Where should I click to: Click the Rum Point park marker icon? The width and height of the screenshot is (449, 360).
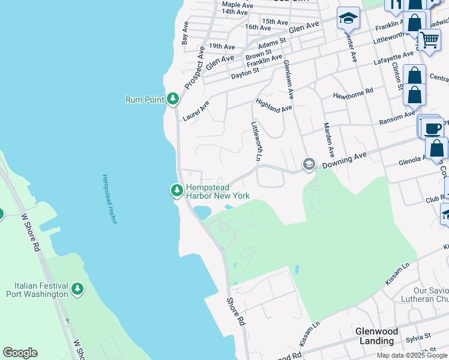coord(173,98)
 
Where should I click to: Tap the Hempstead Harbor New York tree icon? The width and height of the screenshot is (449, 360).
coord(176,190)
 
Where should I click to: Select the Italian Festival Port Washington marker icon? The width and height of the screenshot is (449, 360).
coord(77,289)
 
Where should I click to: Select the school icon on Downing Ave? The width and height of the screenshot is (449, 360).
coord(309,164)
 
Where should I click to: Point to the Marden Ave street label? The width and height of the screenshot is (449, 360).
coord(330,140)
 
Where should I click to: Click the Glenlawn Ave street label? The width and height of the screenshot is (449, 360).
coord(289,79)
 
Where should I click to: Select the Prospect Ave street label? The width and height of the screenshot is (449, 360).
coord(195,68)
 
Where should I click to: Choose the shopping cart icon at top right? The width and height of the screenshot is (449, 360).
coord(429,40)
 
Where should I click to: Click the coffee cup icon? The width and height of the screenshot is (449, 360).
coord(433,128)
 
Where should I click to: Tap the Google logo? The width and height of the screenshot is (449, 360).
coord(20,353)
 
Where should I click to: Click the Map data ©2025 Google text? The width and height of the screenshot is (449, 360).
coord(411,355)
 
